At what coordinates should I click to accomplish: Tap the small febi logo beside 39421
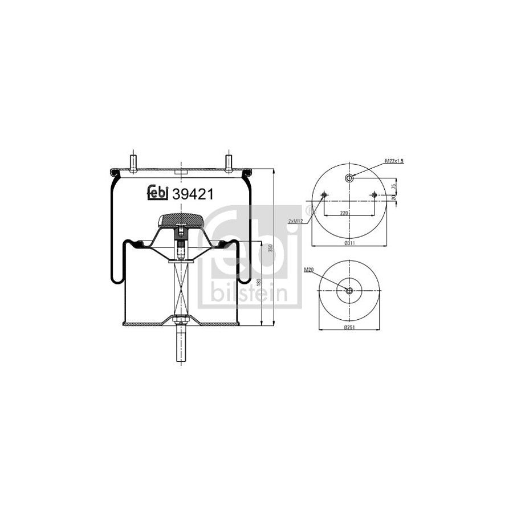click(158, 194)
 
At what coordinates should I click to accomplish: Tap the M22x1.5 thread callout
click(394, 161)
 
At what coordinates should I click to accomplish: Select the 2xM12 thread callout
click(295, 221)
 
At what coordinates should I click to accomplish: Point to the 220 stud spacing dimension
click(344, 213)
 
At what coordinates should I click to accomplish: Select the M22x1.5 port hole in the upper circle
click(349, 178)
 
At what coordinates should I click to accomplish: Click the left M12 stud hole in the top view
click(324, 196)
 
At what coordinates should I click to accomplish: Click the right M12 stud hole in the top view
click(374, 196)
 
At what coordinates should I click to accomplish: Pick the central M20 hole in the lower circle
click(349, 291)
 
